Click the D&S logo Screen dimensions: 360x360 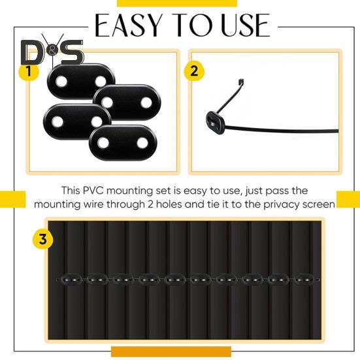pyautogui.click(x=52, y=52)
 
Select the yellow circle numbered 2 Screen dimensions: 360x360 pyautogui.click(x=193, y=71)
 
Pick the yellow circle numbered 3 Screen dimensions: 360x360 pyautogui.click(x=42, y=239)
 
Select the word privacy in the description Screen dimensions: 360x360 pyautogui.click(x=281, y=204)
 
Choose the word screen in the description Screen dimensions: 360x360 pyautogui.click(x=319, y=204)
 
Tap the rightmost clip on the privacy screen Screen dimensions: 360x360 pyautogui.click(x=303, y=280)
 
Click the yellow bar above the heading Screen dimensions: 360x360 pyautogui.click(x=180, y=3)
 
